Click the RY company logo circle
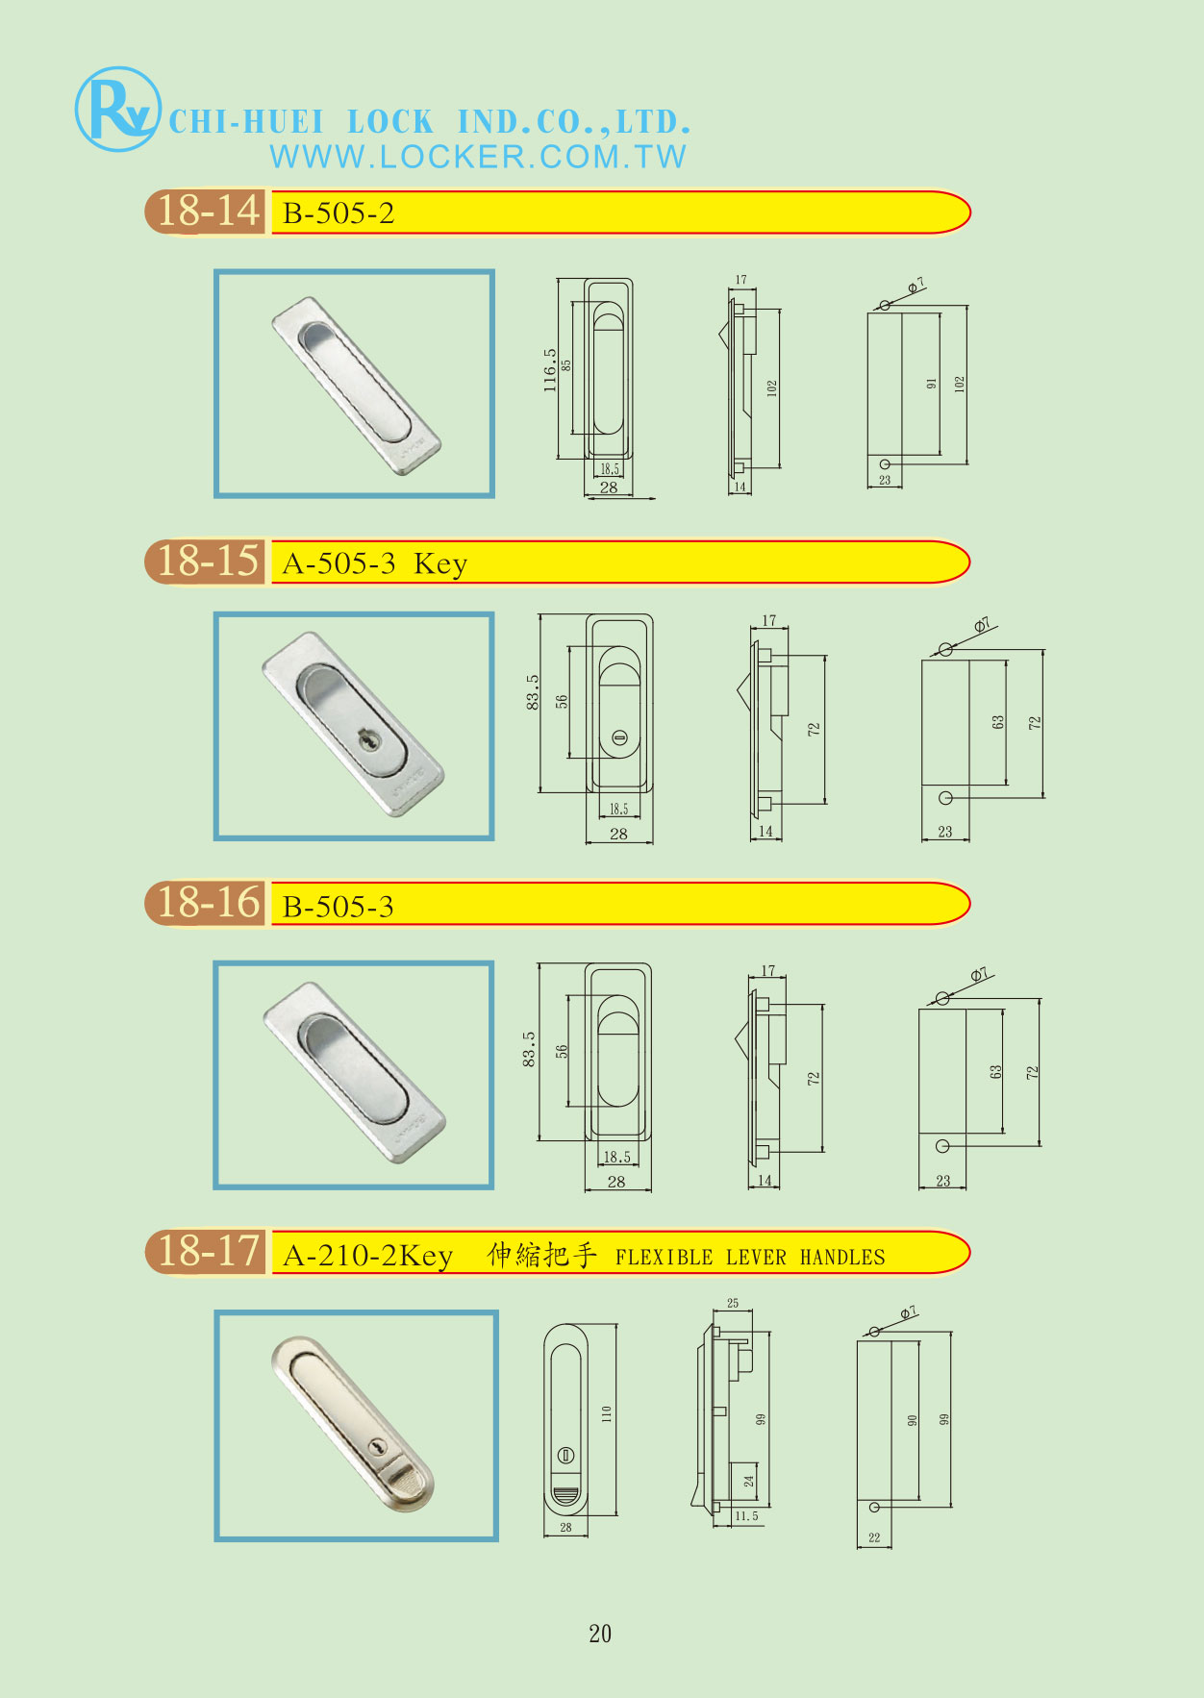tap(117, 109)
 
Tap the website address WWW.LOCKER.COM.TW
tap(478, 157)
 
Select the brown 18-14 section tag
tap(206, 212)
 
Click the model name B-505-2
tap(339, 213)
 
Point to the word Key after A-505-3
tap(440, 563)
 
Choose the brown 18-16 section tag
tap(206, 904)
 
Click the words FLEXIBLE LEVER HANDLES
tap(750, 1257)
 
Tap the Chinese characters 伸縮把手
tap(542, 1255)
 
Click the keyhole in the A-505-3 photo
tap(369, 740)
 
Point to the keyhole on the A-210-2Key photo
tap(379, 1445)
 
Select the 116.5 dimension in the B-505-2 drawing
tap(550, 370)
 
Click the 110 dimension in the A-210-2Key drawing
tap(606, 1414)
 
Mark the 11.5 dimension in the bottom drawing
tap(746, 1516)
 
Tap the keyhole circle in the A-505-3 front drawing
tap(619, 737)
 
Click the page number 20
tap(600, 1634)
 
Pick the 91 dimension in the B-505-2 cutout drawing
tap(931, 384)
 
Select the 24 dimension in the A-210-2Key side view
tap(749, 1482)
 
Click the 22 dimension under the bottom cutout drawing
tap(874, 1537)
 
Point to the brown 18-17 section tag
tap(206, 1252)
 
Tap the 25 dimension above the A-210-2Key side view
tap(733, 1304)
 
